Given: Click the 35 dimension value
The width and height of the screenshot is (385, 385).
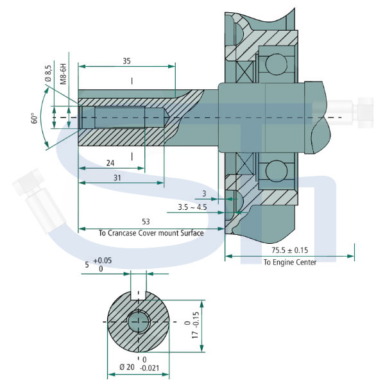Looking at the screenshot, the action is coord(126,61).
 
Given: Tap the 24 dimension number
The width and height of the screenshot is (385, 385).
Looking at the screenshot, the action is coord(110,163).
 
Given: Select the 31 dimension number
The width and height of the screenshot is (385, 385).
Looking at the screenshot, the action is coord(117,178).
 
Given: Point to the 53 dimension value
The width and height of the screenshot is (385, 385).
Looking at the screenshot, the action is coord(146,222).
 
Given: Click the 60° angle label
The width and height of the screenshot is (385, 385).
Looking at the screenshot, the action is coord(35,118).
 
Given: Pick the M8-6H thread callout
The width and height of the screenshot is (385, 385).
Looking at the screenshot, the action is coord(64,74).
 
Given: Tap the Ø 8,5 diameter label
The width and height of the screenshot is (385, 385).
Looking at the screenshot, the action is coord(48,73).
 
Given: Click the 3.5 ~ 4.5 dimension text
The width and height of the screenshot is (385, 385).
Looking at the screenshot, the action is coord(193,207).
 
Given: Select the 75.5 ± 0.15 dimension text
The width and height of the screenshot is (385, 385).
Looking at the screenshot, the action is coord(290,250).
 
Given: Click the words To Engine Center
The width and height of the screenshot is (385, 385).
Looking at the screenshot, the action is coord(290,262).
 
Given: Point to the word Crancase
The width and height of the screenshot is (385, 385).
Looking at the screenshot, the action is coord(122,233).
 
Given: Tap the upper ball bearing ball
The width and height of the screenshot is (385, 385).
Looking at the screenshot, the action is coord(276,64).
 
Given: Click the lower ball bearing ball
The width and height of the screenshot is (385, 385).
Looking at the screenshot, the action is coord(276,171).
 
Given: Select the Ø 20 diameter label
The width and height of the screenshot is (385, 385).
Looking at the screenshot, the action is coord(127,367).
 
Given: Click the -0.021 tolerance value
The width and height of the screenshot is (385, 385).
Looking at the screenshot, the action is coord(150,368).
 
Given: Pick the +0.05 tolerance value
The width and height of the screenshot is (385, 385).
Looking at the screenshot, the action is coord(103,261).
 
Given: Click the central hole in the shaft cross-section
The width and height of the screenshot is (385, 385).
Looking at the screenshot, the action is coord(138,322).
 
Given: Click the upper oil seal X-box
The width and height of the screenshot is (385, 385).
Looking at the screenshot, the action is coord(244,72).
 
